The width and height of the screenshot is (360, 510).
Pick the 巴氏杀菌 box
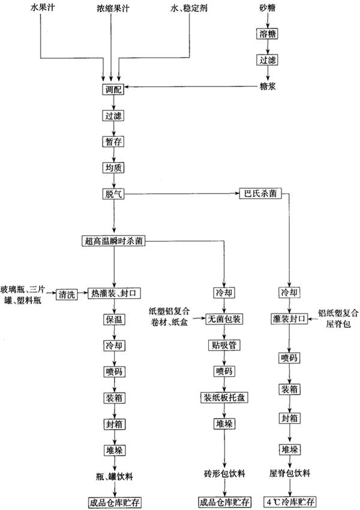point(259,194)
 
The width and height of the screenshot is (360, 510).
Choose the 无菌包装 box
point(224,318)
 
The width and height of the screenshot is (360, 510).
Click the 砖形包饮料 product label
point(224,474)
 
